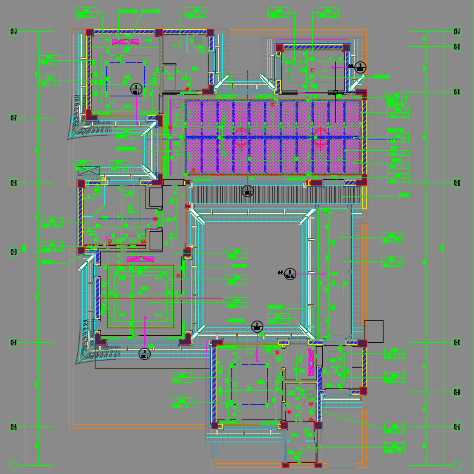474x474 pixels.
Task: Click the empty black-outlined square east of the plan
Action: tap(374, 331)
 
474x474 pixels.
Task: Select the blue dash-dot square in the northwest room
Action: tap(126, 79)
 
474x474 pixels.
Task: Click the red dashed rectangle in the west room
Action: tap(140, 297)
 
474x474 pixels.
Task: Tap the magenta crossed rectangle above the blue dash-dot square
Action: tap(126, 42)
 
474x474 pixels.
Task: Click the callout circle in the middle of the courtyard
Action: tap(290, 273)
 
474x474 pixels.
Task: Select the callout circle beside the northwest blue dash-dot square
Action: tap(135, 89)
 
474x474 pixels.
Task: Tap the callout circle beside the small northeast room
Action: tap(360, 67)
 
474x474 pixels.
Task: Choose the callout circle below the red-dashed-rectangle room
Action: tap(144, 354)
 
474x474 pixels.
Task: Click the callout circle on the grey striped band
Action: tap(247, 191)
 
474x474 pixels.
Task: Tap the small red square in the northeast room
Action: tap(313, 70)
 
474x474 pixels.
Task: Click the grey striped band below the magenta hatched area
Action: tap(272, 194)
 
